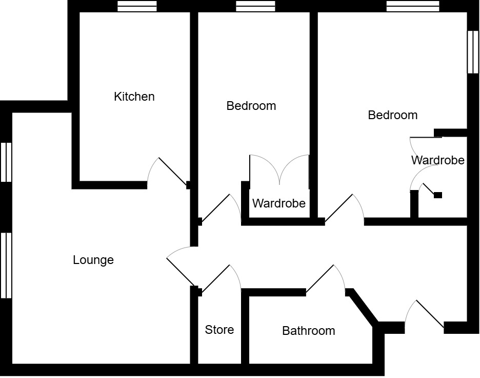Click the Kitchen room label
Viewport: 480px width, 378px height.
pyautogui.click(x=134, y=97)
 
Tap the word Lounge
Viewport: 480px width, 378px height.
pyautogui.click(x=93, y=260)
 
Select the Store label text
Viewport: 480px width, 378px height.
pyautogui.click(x=219, y=330)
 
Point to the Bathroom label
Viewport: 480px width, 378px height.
pyautogui.click(x=309, y=331)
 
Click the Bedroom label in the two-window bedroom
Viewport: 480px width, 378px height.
pyautogui.click(x=393, y=115)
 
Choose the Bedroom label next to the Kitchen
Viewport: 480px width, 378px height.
pyautogui.click(x=251, y=106)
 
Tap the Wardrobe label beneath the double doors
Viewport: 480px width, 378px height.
pyautogui.click(x=278, y=203)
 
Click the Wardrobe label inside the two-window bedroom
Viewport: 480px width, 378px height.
pyautogui.click(x=437, y=160)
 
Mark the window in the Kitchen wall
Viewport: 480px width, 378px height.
pyautogui.click(x=137, y=6)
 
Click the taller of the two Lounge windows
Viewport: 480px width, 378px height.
pyautogui.click(x=6, y=265)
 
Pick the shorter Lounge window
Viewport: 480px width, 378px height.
pyautogui.click(x=6, y=162)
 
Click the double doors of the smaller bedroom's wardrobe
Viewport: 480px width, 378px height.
pyautogui.click(x=279, y=169)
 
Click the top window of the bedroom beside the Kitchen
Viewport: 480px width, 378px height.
pyautogui.click(x=255, y=6)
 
